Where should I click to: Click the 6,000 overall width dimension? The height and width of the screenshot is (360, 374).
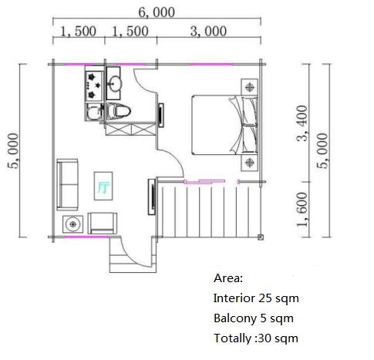[x=157, y=12]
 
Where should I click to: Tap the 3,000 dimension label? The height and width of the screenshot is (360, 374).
[x=208, y=32]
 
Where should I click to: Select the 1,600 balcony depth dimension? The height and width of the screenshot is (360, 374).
[x=302, y=210]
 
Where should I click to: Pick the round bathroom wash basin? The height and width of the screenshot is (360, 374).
[x=115, y=83]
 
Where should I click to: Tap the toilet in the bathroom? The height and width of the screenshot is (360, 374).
[x=118, y=111]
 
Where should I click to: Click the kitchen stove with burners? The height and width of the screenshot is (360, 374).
[x=94, y=86]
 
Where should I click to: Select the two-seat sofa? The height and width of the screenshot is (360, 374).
[x=67, y=184]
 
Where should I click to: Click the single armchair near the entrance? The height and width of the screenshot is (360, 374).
[x=102, y=223]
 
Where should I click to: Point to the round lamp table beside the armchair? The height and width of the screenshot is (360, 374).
[x=73, y=224]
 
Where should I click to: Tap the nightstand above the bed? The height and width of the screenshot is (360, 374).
[x=249, y=87]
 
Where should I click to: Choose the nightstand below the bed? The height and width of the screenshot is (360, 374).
[x=249, y=163]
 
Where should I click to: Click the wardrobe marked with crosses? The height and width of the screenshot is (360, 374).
[x=131, y=129]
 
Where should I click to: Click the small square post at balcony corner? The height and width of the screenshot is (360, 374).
[x=261, y=237]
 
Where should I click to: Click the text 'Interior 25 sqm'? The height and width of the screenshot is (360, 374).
[x=256, y=298]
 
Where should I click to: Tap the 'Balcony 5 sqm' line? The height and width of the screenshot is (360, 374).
[x=254, y=318]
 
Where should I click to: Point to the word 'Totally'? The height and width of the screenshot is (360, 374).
[x=232, y=338]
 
